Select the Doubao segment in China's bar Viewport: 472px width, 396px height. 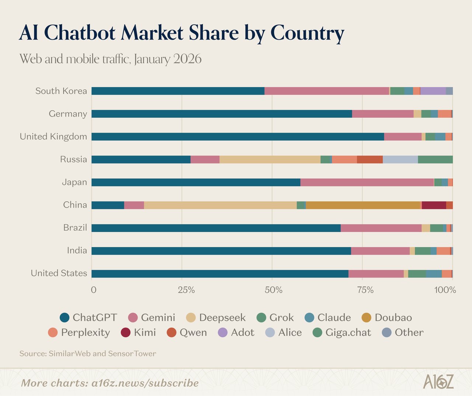click(363, 205)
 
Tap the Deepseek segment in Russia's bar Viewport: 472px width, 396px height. click(270, 159)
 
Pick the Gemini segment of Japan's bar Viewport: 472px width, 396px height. click(367, 182)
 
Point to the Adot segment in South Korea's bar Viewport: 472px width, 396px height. click(433, 91)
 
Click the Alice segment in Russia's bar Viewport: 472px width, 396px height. click(400, 159)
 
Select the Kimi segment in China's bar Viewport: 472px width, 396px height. click(434, 205)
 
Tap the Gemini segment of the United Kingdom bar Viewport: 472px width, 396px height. click(403, 137)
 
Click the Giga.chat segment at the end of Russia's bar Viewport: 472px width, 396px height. click(435, 159)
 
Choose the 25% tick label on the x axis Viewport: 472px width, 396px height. click(186, 290)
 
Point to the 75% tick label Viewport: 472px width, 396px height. click(365, 290)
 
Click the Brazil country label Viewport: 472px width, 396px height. click(75, 228)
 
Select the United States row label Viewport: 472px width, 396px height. click(59, 273)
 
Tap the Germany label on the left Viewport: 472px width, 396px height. click(68, 114)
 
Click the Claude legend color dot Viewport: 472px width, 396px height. click(310, 318)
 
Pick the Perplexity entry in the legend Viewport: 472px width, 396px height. click(79, 333)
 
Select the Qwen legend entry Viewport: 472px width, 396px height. click(187, 333)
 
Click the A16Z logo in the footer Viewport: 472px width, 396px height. click(438, 382)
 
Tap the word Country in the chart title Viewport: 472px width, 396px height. click(307, 33)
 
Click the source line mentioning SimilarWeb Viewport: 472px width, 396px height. click(88, 354)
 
